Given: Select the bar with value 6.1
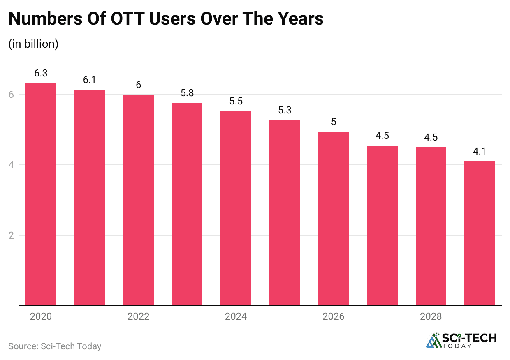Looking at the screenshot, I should pos(89,197).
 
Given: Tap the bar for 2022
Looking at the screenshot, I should pos(138,200).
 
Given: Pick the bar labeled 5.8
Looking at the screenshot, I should pos(187,204).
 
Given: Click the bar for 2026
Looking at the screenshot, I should pos(334,218).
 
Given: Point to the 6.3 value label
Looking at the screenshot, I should pos(41,74).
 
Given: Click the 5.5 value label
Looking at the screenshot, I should pos(236,102).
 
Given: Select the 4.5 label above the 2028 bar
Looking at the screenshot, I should pos(431,138).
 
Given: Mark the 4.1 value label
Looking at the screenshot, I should pos(480,152).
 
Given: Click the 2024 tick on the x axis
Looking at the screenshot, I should pos(236,317).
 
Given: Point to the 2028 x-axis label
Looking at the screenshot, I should pos(431,317).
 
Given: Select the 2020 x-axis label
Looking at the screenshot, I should pos(41,317).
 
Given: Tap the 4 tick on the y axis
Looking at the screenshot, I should pos(11,165).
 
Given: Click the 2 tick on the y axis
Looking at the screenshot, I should pos(11,236).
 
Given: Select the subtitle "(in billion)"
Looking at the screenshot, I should pos(33,44).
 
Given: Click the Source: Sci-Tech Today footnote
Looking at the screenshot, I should pos(55,346).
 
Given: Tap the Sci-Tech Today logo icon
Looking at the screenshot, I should pos(433,340).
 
